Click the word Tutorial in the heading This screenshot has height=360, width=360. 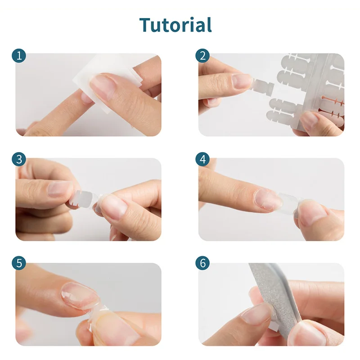[x=175, y=24]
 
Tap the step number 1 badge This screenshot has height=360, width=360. [x=19, y=56]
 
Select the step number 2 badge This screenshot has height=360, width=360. [x=202, y=56]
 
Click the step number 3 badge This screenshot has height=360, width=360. [x=19, y=160]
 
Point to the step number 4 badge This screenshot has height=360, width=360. [x=202, y=160]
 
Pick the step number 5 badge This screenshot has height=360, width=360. [x=19, y=264]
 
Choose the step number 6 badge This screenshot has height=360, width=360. [x=202, y=264]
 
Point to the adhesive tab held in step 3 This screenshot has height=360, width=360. [x=83, y=198]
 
